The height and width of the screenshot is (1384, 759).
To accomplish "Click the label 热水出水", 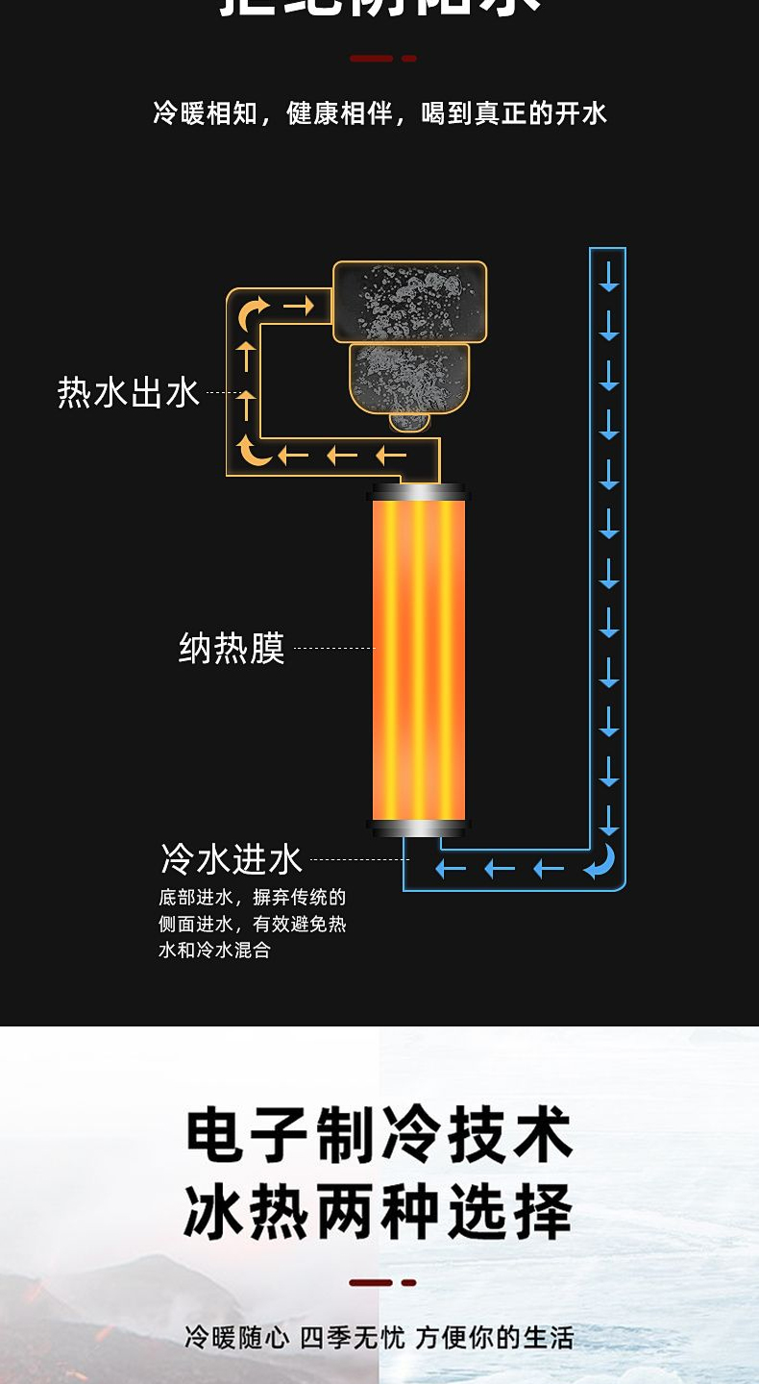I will [128, 392].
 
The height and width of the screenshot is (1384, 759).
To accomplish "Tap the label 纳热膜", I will [232, 649].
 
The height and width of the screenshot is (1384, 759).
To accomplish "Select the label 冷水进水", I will [232, 859].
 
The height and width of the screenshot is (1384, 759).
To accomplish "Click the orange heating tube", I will [419, 659].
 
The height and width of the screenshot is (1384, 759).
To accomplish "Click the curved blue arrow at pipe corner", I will [600, 862].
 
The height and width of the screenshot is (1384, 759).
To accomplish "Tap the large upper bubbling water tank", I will [410, 302].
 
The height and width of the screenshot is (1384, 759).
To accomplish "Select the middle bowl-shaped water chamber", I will [409, 378].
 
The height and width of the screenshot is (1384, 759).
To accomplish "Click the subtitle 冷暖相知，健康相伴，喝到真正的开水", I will [379, 113].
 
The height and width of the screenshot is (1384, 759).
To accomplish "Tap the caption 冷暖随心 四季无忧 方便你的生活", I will [379, 1337].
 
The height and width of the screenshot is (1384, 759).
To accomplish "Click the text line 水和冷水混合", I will [214, 951].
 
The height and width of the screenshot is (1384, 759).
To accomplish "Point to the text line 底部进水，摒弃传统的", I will [252, 898].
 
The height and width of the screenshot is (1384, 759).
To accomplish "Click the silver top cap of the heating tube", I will [419, 492].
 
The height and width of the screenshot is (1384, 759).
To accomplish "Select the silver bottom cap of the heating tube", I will [419, 828].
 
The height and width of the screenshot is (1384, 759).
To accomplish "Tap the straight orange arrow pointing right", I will [299, 307].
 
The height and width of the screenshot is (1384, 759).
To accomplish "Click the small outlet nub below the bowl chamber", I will [409, 421].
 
